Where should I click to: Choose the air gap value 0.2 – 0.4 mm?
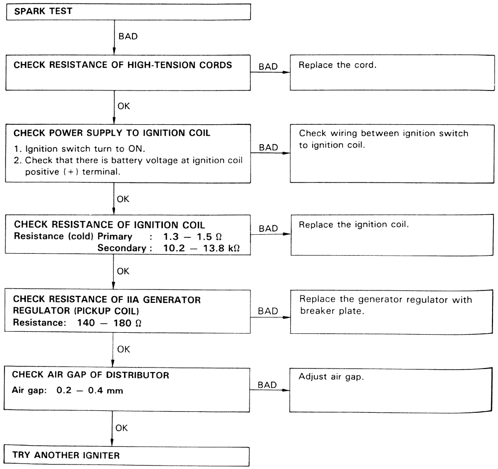[92, 390]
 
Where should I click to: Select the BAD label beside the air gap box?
[268, 385]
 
